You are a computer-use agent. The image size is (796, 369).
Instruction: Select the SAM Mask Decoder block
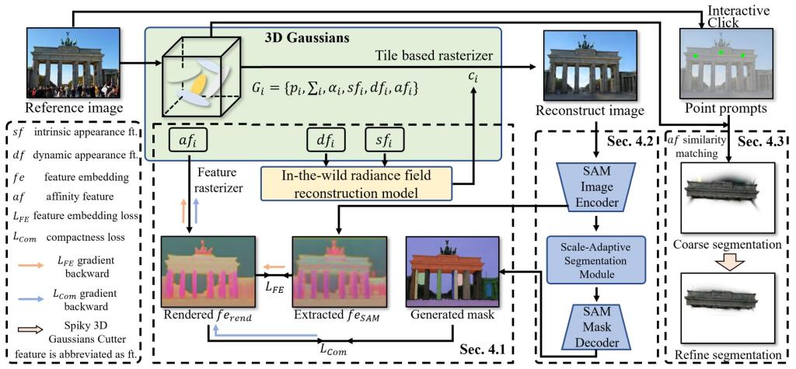click(x=599, y=328)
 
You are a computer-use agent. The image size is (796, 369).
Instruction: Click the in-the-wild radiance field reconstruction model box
click(x=356, y=182)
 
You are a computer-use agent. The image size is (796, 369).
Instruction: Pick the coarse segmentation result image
click(x=728, y=198)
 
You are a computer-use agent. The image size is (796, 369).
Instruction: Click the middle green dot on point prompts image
click(x=721, y=52)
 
